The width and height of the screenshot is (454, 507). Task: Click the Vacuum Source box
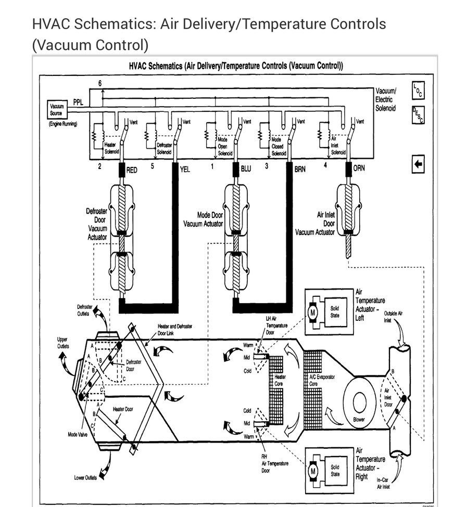point(56,109)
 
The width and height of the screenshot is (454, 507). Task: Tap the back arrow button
point(418,164)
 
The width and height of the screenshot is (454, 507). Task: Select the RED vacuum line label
point(132,170)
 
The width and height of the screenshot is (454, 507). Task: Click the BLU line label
point(246,169)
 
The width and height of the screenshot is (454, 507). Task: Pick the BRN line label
point(300,169)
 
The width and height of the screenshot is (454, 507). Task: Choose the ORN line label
point(359,169)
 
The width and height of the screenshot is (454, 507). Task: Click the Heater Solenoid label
point(111,148)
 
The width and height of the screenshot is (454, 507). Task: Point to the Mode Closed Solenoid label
point(278,146)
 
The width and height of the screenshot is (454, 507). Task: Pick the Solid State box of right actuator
point(335,470)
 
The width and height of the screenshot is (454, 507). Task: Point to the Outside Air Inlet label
point(393,317)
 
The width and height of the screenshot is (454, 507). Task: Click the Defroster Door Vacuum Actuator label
point(96,224)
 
